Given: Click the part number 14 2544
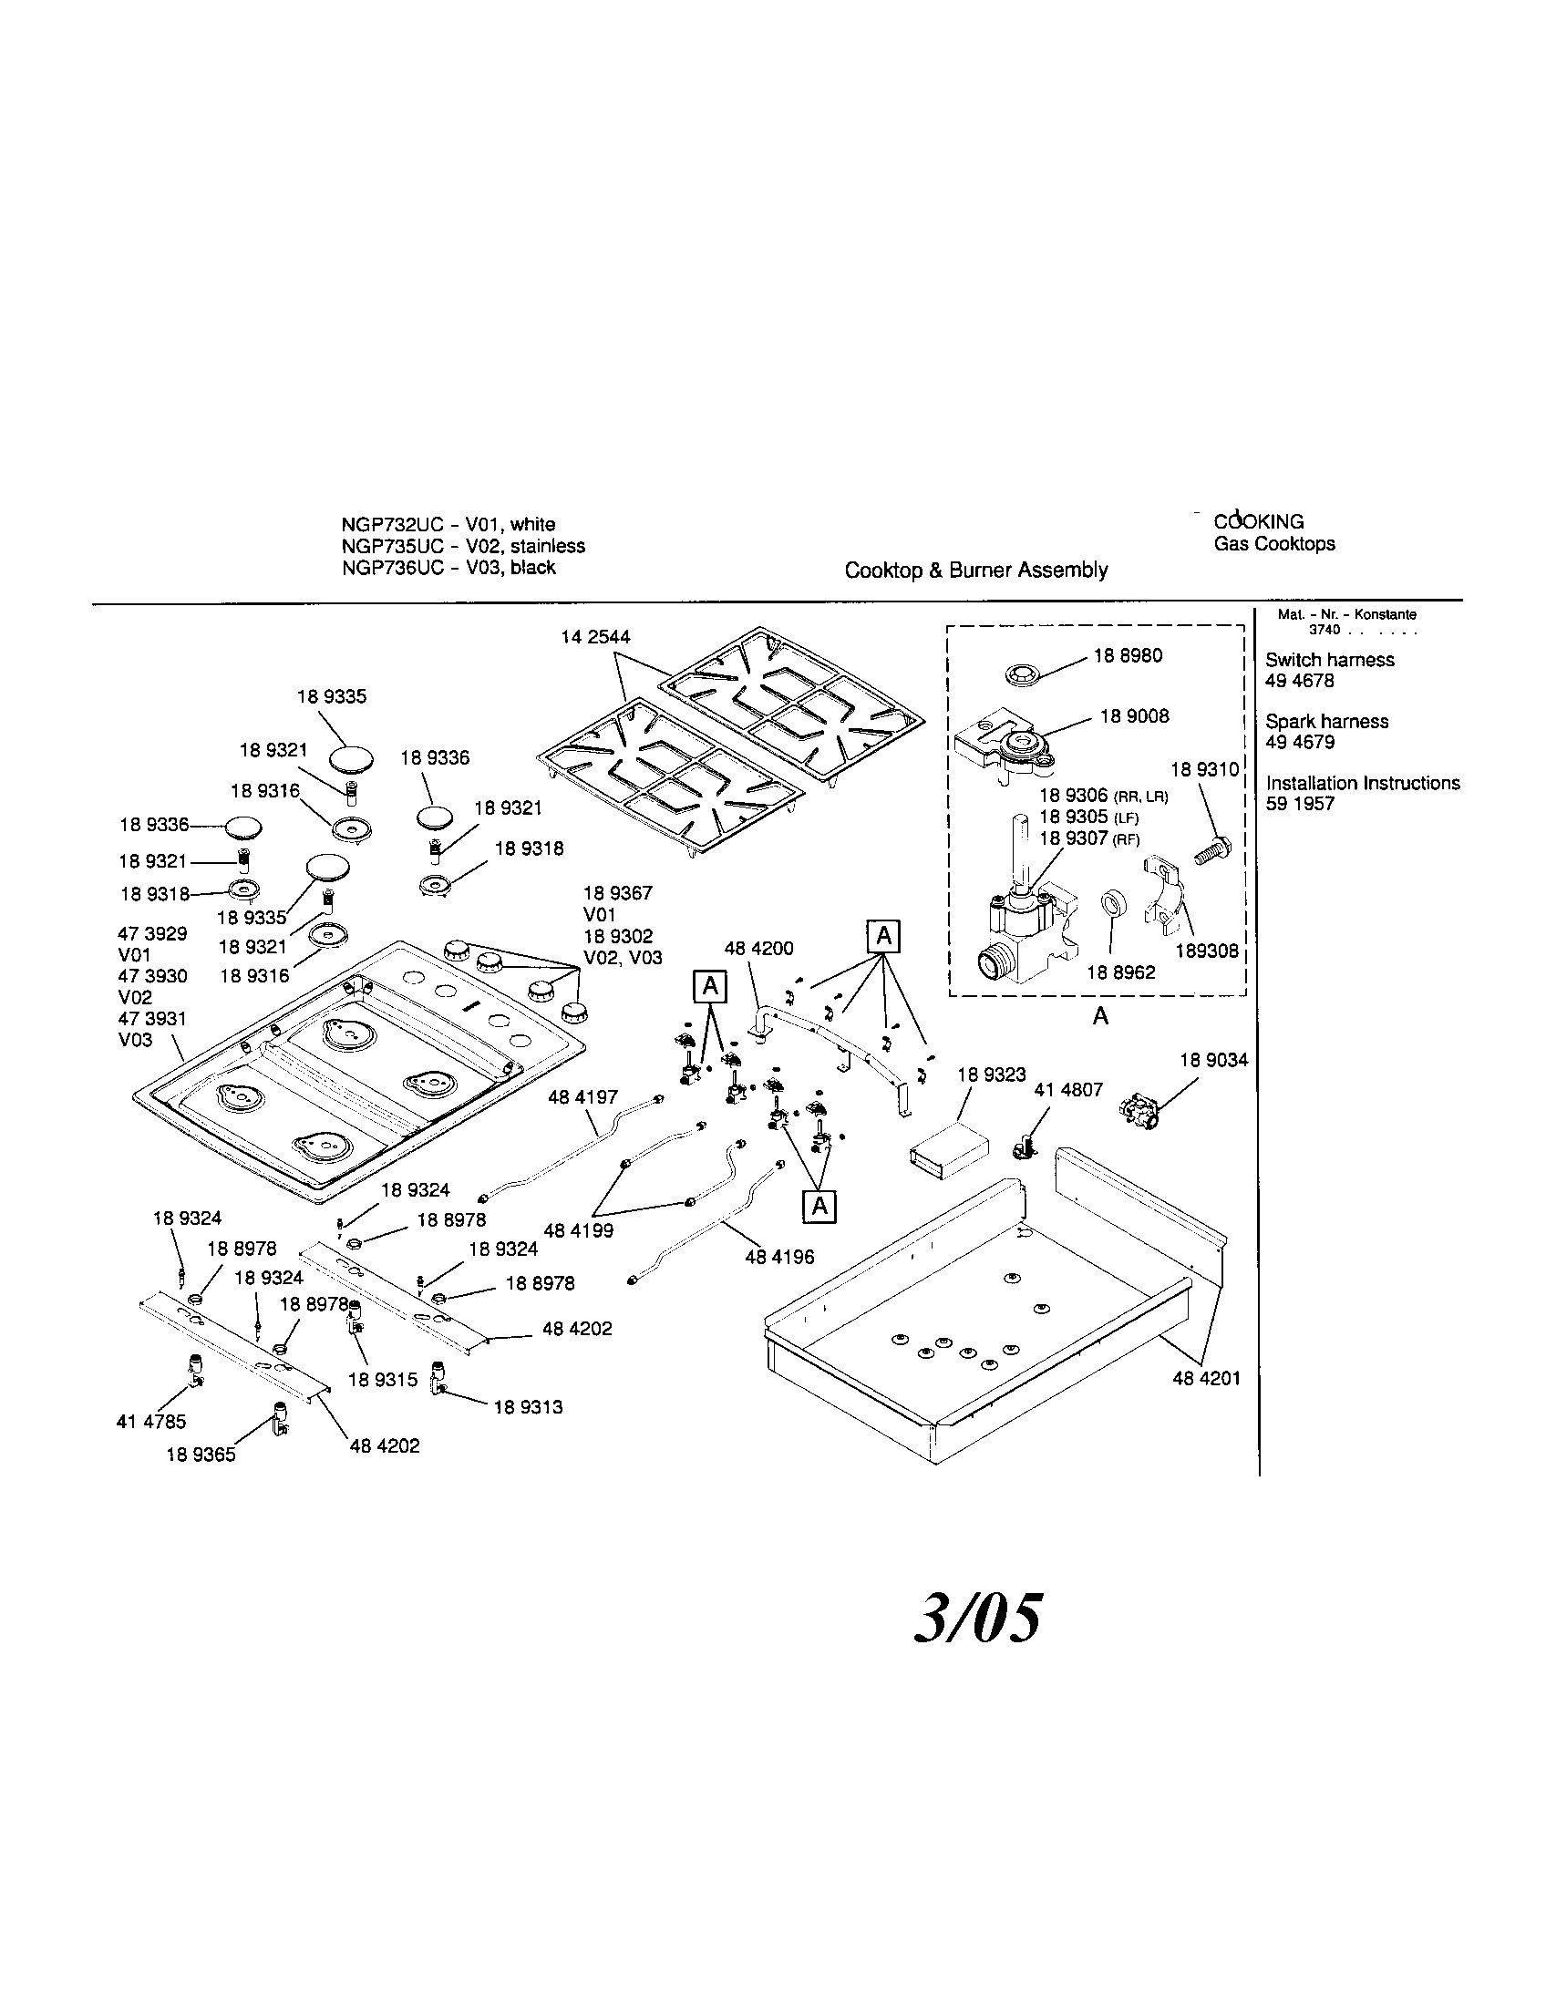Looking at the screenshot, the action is [x=596, y=637].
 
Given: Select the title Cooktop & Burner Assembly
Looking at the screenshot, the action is [x=976, y=571].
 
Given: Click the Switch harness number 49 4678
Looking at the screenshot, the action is [x=1299, y=681].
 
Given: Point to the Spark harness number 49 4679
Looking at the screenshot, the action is [x=1299, y=742].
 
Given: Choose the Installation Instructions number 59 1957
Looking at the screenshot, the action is [x=1300, y=803].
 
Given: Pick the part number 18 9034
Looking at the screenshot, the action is [x=1213, y=1060].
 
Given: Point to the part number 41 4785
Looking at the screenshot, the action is [x=150, y=1421].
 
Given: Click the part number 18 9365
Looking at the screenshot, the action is [x=201, y=1455].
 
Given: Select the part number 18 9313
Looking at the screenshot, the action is [x=528, y=1407].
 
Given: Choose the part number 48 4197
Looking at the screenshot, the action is [x=583, y=1097].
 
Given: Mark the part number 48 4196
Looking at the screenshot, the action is [x=779, y=1257].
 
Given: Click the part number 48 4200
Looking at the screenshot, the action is [x=759, y=949].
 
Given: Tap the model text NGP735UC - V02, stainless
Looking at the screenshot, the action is [x=463, y=546].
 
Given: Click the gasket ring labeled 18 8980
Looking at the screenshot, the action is [x=1019, y=675].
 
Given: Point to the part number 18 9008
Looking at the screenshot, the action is [x=1135, y=716].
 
